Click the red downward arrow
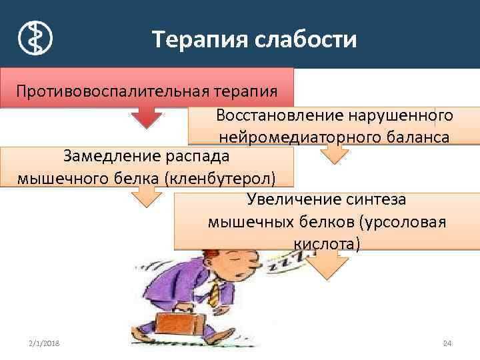[146, 117]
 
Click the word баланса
[417, 137]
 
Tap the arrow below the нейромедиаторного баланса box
[333, 154]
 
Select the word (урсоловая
[407, 221]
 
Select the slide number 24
[447, 343]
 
